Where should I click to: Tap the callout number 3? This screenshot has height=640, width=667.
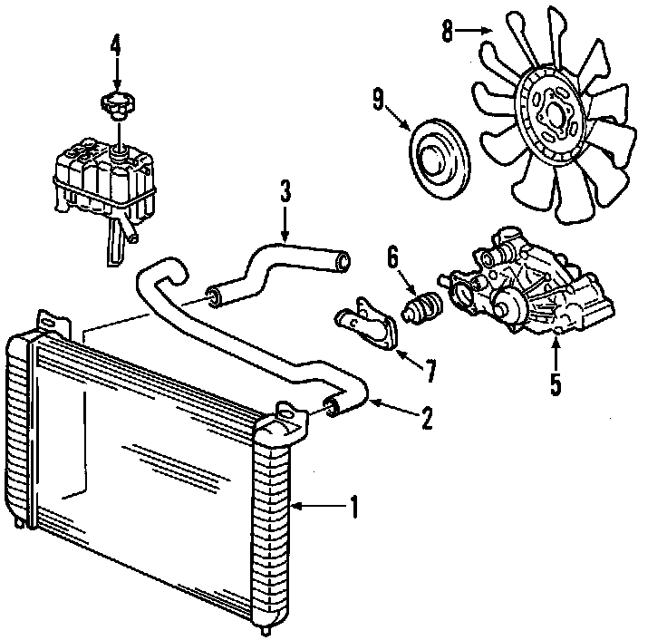(x=285, y=191)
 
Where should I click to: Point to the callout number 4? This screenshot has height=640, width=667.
(x=115, y=44)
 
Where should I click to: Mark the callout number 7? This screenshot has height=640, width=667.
(x=430, y=369)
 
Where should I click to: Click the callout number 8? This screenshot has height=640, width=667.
(x=447, y=32)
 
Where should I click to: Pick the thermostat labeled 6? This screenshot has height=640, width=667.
(x=423, y=306)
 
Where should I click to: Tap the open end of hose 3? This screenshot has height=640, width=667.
(x=343, y=263)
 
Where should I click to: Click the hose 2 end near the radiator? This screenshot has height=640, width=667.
(x=332, y=408)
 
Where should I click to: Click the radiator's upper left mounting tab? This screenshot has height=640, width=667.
(x=52, y=322)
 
